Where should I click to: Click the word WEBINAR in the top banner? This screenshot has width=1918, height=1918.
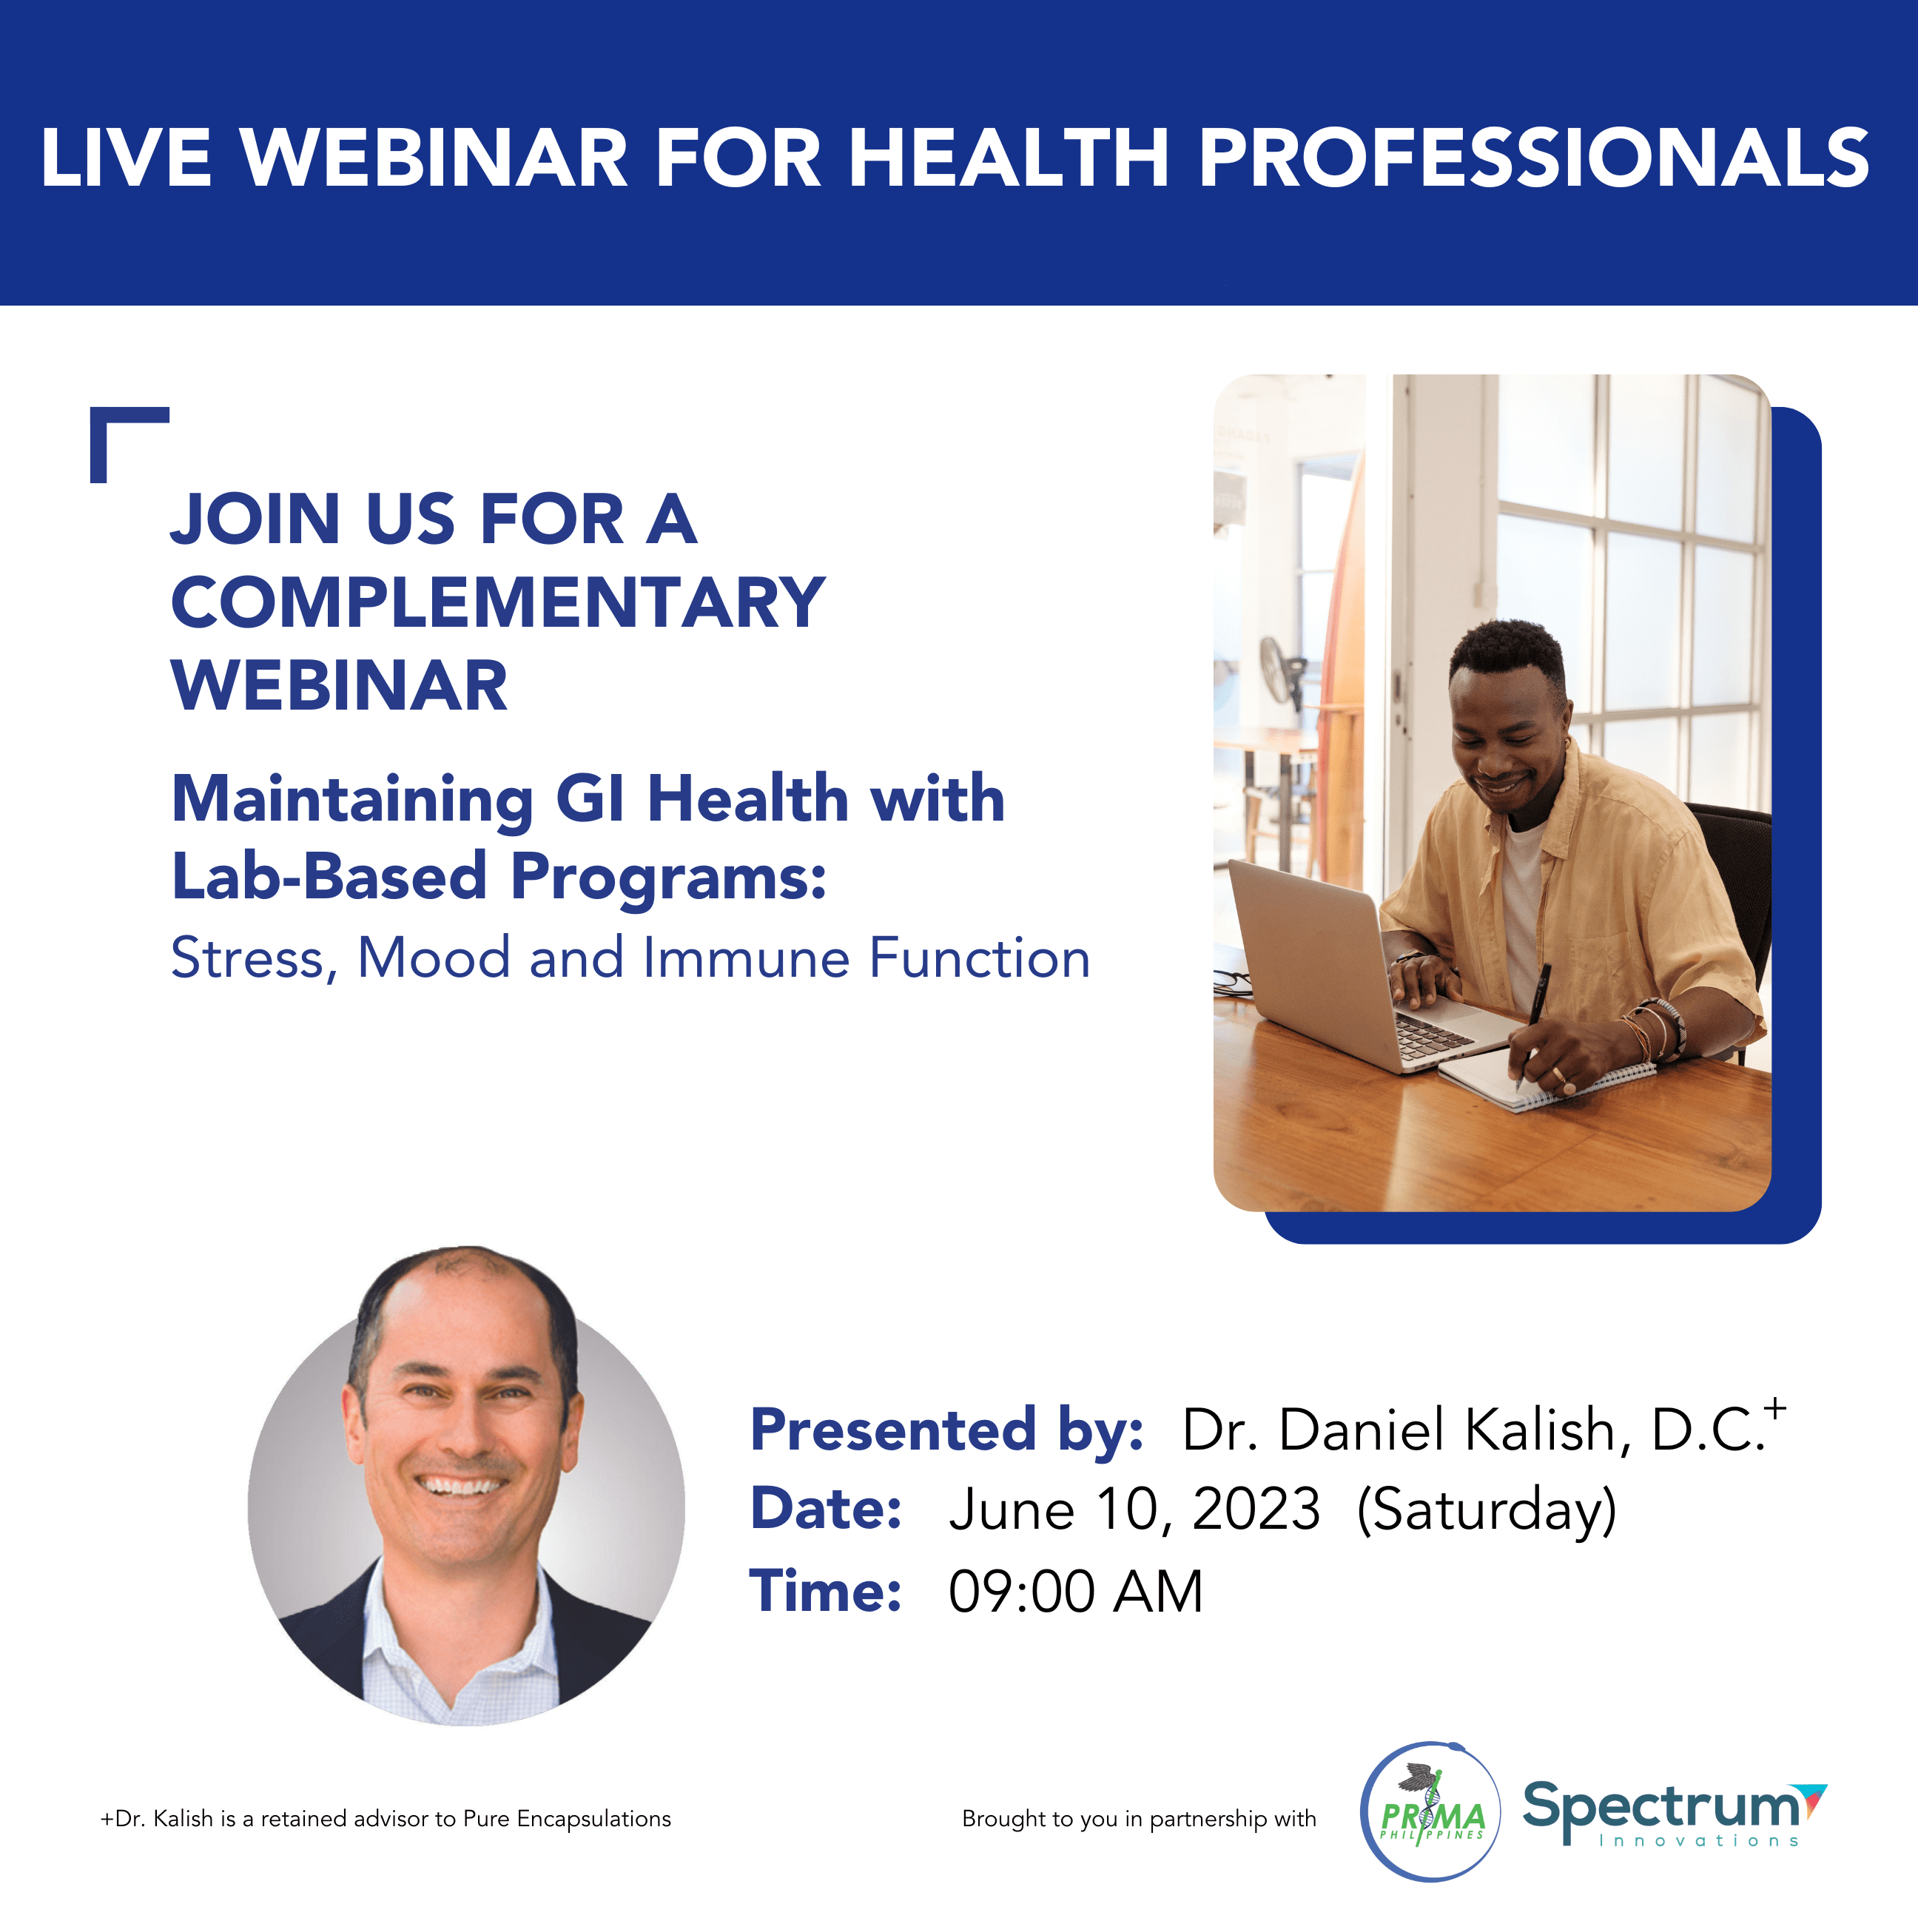pyautogui.click(x=434, y=157)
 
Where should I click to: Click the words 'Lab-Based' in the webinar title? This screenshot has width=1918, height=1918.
pyautogui.click(x=329, y=877)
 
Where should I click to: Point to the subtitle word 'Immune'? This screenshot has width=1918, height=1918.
pyautogui.click(x=744, y=958)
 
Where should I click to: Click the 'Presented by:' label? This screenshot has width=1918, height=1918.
pyautogui.click(x=946, y=1430)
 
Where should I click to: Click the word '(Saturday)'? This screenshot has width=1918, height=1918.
pyautogui.click(x=1486, y=1511)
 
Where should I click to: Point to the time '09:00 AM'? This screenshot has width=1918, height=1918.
pyautogui.click(x=1075, y=1592)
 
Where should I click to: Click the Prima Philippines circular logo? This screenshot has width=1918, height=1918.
pyautogui.click(x=1430, y=1811)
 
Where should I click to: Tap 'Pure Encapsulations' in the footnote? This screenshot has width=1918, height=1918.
pyautogui.click(x=567, y=1819)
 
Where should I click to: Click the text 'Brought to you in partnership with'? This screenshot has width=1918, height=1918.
pyautogui.click(x=1139, y=1819)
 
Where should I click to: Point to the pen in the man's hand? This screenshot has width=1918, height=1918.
pyautogui.click(x=1532, y=1023)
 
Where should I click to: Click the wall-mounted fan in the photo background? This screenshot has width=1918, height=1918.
pyautogui.click(x=1282, y=671)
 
